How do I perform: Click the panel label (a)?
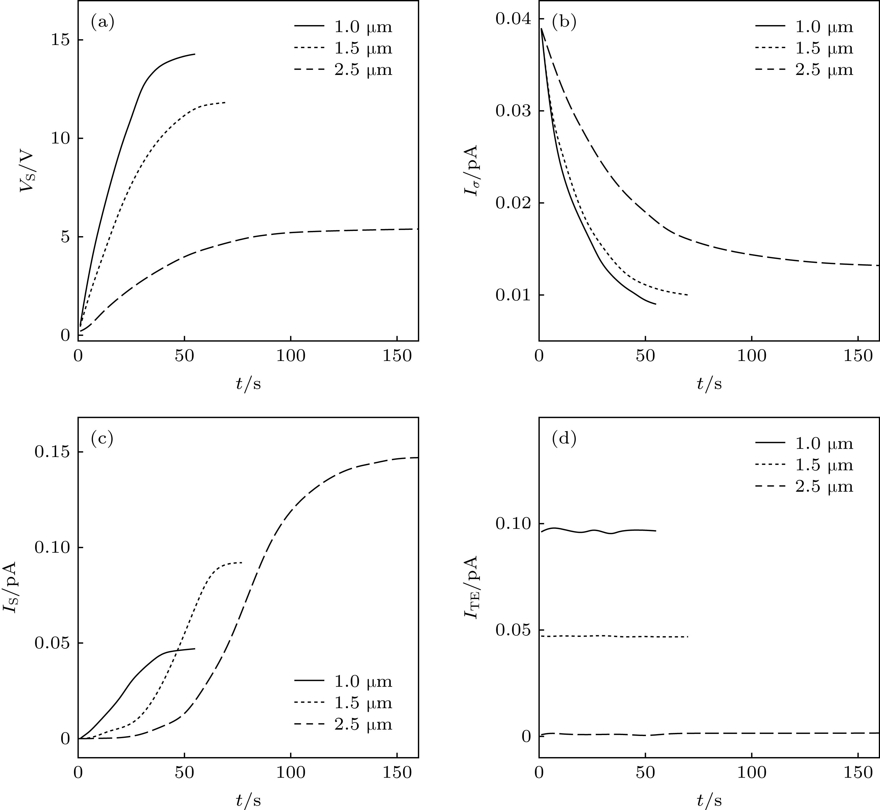(x=102, y=22)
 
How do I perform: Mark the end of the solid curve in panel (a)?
(x=195, y=54)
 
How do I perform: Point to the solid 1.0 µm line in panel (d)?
(x=596, y=531)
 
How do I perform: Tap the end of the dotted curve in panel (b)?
(x=688, y=295)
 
